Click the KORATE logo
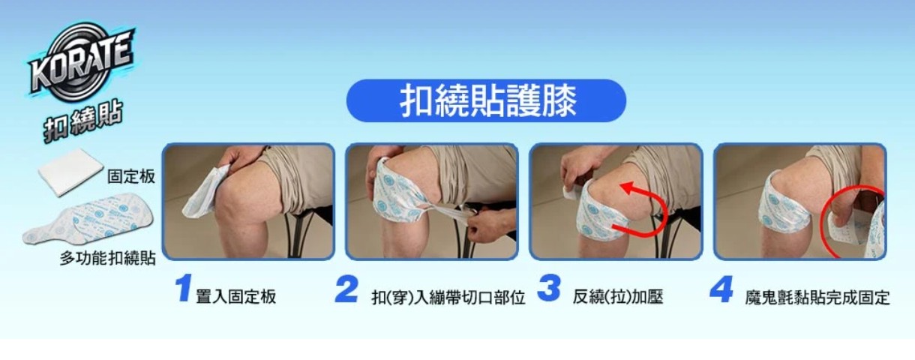(x=81, y=61)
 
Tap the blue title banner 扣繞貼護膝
(x=486, y=100)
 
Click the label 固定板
(x=131, y=176)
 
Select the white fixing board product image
(x=70, y=171)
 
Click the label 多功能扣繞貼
(x=108, y=258)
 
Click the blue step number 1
(x=183, y=289)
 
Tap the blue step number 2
(x=346, y=289)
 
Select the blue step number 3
(x=548, y=288)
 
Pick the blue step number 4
(x=721, y=289)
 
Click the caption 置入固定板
(x=236, y=297)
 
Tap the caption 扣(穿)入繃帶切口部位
(x=448, y=298)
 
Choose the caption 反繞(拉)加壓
(x=618, y=297)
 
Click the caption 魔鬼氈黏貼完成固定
(x=817, y=298)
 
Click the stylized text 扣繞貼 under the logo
(x=83, y=121)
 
